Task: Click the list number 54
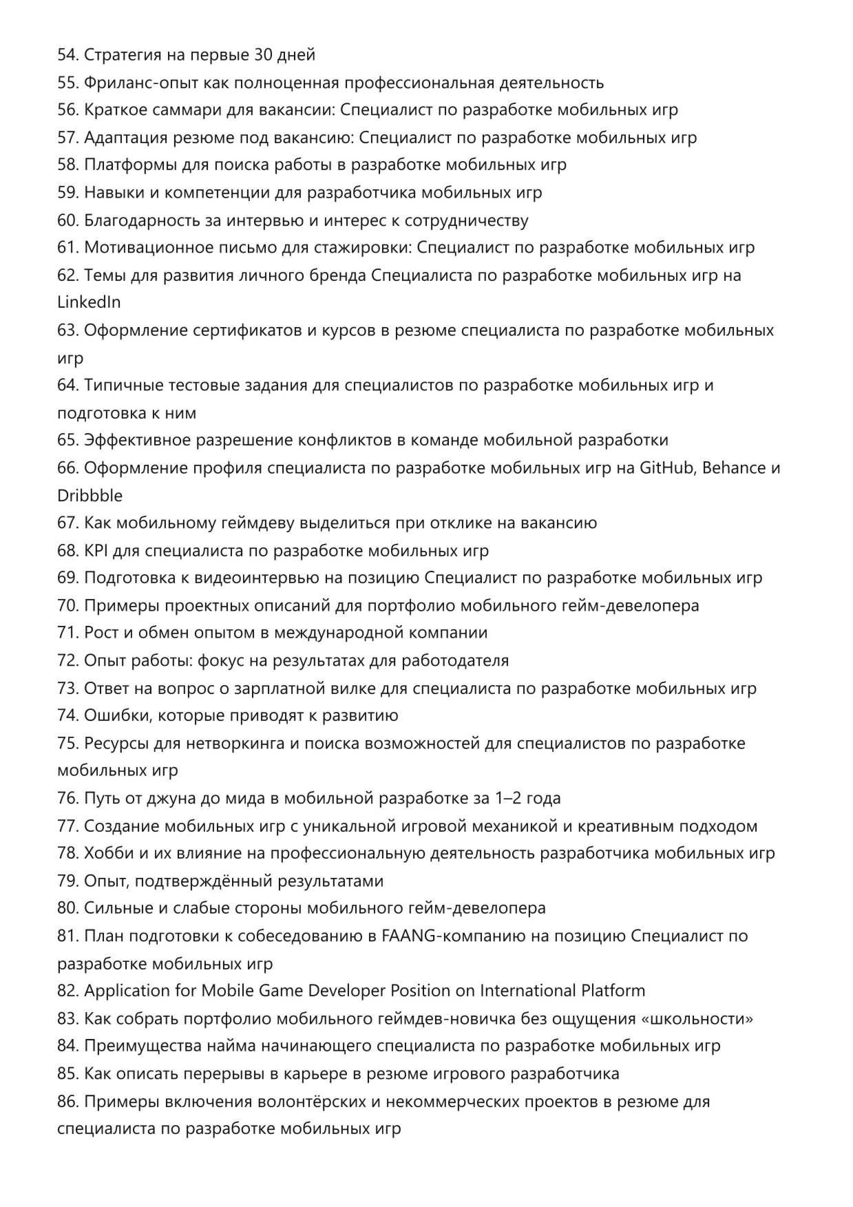click(67, 55)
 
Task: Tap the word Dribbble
click(90, 496)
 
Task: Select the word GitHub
click(667, 468)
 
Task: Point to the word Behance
click(734, 468)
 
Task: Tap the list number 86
click(67, 1102)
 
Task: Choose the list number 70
click(67, 606)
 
